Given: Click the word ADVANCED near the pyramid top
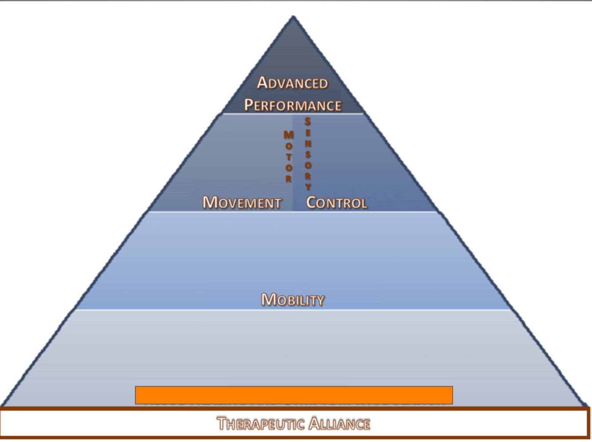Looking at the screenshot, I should pos(292,83).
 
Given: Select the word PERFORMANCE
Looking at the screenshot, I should pos(293,105).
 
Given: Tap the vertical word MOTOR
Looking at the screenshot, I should pos(288,156).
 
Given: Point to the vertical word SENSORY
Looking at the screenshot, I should pos(308,154).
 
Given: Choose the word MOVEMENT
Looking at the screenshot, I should pos(242,203).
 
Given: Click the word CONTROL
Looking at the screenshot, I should pos(337,203).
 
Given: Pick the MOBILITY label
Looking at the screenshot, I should pos(293,300).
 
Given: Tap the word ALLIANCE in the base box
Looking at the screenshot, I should pos(339,424).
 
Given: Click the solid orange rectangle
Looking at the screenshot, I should pos(294,395).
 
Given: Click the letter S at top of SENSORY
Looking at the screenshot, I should pos(308,121).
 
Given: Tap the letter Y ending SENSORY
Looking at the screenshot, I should pos(308,187).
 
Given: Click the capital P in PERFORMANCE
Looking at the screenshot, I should pos(249,105).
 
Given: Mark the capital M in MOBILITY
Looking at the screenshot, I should pos(268,299).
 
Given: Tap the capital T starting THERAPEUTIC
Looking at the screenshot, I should pos(222,423).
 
